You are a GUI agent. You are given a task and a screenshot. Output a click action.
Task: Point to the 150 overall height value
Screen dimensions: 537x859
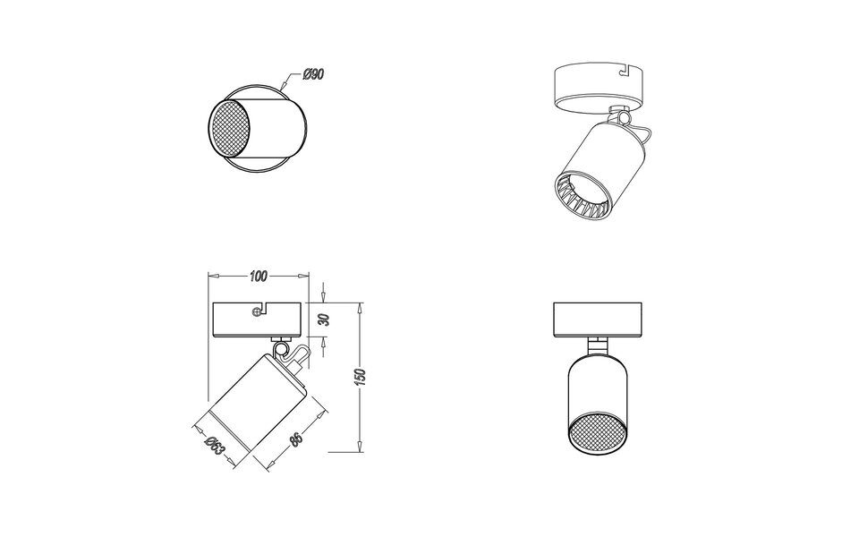click(x=359, y=378)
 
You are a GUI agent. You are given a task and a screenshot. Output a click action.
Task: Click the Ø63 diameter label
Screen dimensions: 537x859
click(x=213, y=445)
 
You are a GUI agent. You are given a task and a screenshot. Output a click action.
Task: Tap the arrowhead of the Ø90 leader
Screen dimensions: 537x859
click(x=285, y=89)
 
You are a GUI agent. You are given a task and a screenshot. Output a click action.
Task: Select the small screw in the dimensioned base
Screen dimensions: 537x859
click(x=258, y=311)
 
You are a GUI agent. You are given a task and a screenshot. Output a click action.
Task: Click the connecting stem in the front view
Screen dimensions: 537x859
click(x=596, y=345)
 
